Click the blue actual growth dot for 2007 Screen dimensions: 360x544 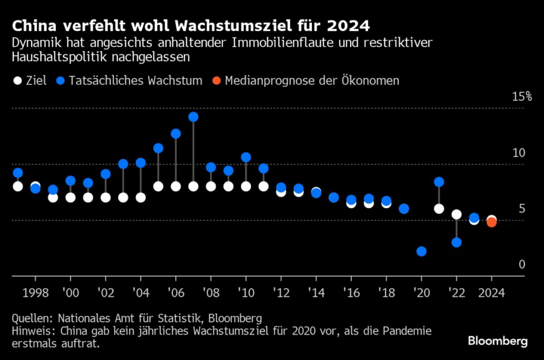click(x=193, y=117)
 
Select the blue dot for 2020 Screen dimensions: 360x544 click(x=421, y=251)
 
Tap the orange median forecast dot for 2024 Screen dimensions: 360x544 click(x=491, y=222)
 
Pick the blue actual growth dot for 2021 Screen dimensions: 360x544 click(x=439, y=182)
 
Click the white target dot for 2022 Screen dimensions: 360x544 click(x=456, y=215)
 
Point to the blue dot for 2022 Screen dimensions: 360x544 click(x=456, y=243)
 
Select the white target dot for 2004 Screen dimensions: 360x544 click(x=141, y=198)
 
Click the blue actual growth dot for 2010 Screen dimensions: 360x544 click(x=246, y=157)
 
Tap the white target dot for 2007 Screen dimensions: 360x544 click(x=193, y=186)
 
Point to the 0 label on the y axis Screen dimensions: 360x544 click(x=522, y=264)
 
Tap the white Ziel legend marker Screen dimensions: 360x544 click(x=18, y=81)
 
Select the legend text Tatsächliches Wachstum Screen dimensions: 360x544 click(x=136, y=81)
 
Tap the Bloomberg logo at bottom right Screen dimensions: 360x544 click(x=498, y=341)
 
